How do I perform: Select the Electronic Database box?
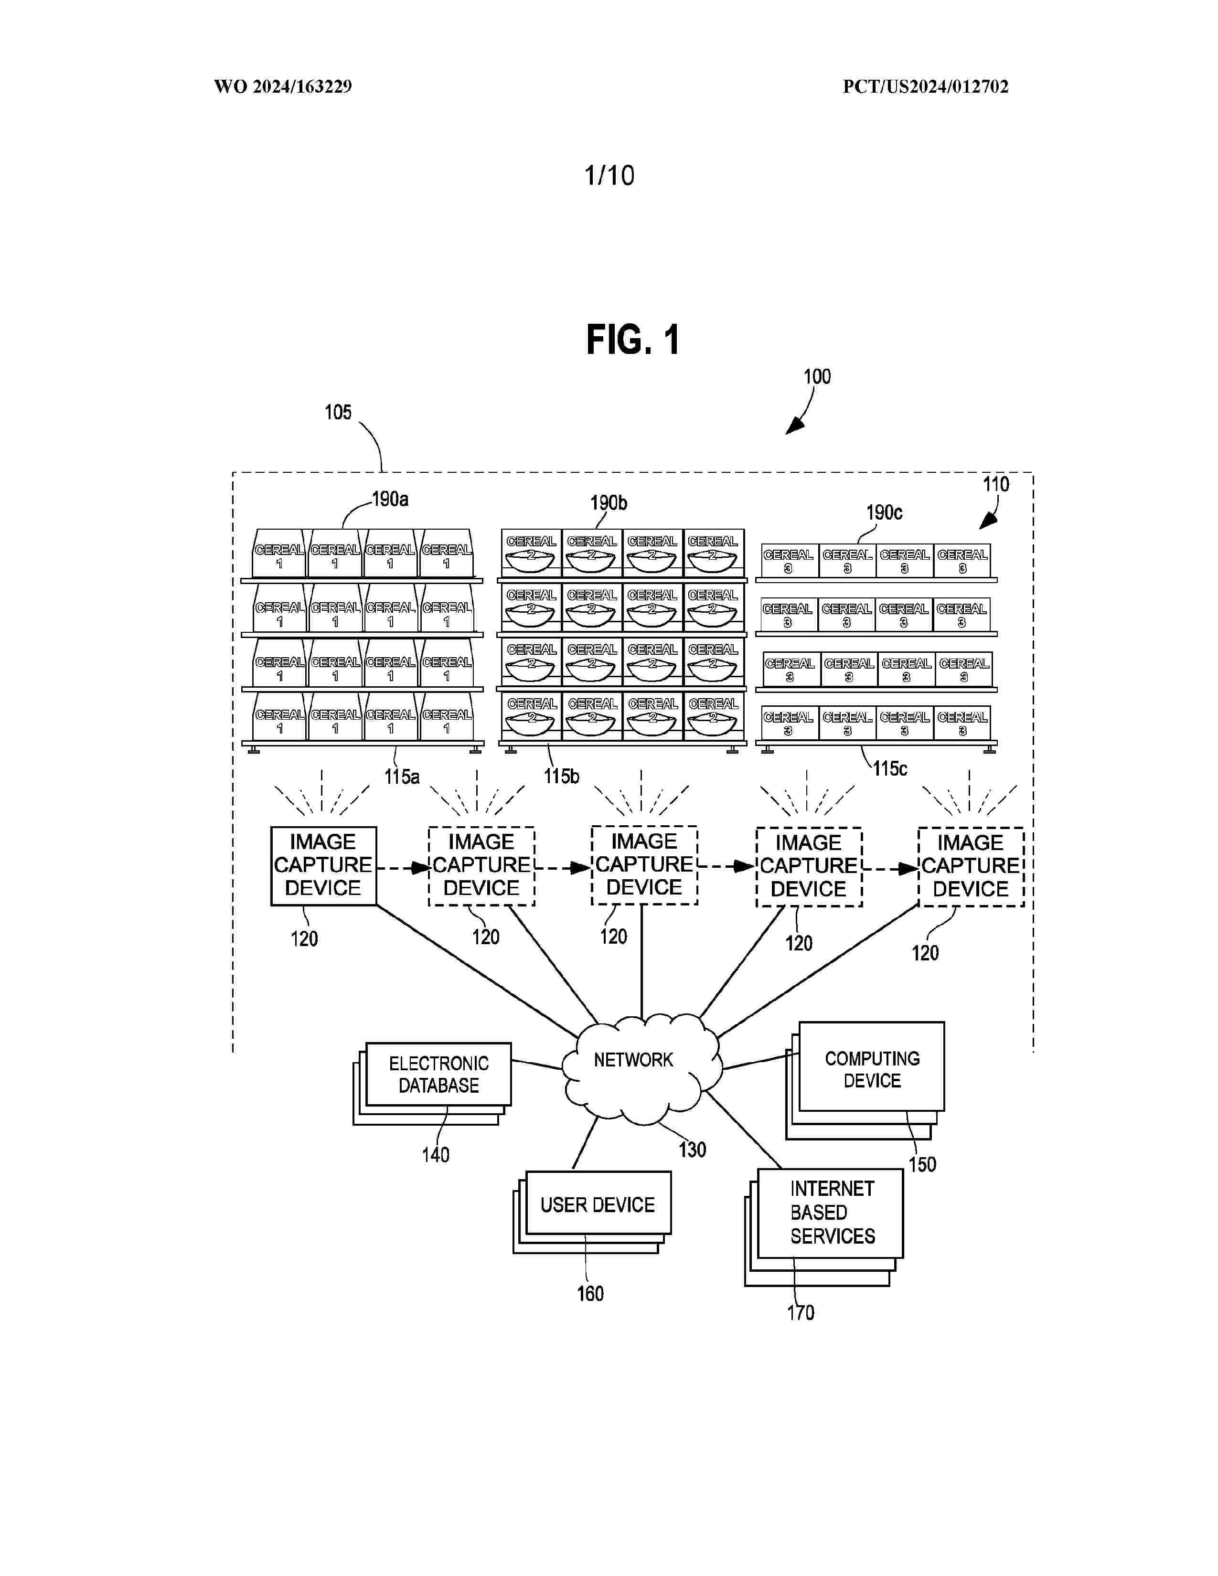(x=438, y=1075)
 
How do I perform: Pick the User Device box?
(x=598, y=1204)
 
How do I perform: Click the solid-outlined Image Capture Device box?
(x=323, y=865)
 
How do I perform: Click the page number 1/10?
(x=609, y=175)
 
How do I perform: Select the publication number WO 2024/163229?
(x=283, y=86)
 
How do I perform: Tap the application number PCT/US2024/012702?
(x=925, y=86)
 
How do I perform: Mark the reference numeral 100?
(x=817, y=377)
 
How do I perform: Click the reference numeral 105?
(x=338, y=413)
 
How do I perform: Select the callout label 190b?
(x=608, y=503)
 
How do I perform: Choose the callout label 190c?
(x=884, y=513)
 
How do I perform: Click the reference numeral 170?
(x=800, y=1312)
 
